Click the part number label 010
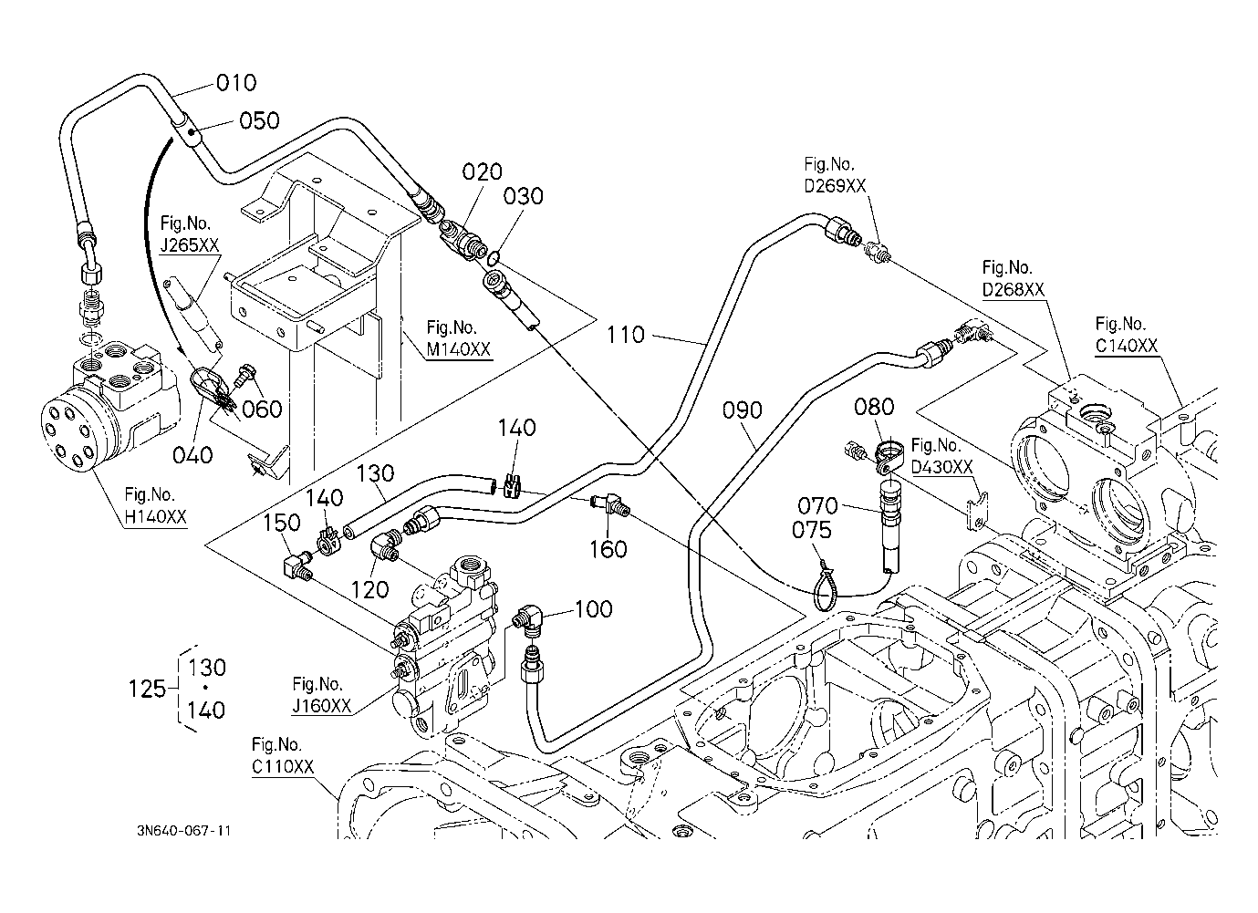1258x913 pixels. pos(236,84)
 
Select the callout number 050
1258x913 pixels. pos(259,120)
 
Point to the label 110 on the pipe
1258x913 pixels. pos(625,335)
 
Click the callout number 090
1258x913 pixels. pos(742,410)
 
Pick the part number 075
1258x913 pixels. pos(811,531)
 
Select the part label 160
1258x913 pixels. pos(608,549)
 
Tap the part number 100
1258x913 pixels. pos(594,608)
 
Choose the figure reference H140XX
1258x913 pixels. pos(155,517)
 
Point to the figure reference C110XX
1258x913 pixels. pos(283,767)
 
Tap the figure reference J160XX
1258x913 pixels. pos(322,707)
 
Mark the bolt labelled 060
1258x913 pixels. pos(247,374)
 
